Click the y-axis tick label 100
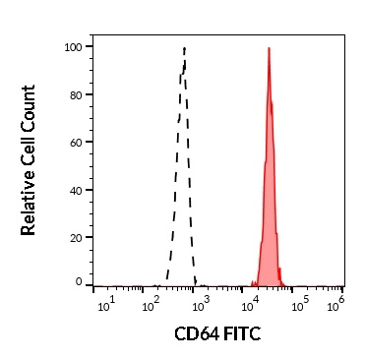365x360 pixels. click(x=72, y=47)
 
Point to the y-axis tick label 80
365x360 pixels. click(x=75, y=94)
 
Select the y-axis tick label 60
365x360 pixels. click(x=75, y=142)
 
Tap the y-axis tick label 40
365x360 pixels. click(x=75, y=190)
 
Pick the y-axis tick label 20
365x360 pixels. click(x=75, y=237)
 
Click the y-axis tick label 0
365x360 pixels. click(x=78, y=282)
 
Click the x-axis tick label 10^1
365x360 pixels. click(x=107, y=301)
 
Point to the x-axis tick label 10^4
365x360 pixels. click(x=248, y=301)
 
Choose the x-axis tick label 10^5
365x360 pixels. click(x=295, y=301)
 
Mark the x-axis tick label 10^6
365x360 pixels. click(x=337, y=301)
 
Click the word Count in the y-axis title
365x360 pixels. click(x=29, y=110)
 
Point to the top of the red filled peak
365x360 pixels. click(x=268, y=49)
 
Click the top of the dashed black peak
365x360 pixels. click(x=184, y=47)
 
